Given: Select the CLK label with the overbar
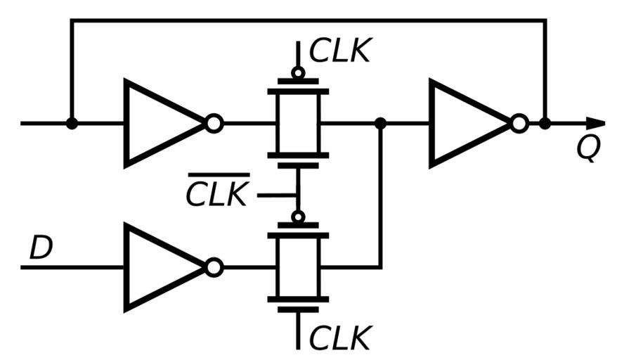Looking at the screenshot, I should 218,193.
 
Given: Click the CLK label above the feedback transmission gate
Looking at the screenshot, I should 340,51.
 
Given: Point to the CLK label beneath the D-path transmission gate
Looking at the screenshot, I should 340,338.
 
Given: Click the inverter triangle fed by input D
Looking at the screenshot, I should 163,267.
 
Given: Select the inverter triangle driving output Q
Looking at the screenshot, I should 469,124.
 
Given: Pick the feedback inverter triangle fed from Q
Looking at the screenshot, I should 163,124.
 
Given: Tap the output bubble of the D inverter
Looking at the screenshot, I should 214,267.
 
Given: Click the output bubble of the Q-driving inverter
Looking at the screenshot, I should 519,124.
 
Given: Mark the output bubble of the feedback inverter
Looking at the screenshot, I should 214,124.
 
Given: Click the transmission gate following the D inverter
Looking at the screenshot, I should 298,267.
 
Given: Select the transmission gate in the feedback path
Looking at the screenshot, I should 298,124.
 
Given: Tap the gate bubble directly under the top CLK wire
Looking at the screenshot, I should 298,72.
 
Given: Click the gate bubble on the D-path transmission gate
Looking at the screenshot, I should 298,217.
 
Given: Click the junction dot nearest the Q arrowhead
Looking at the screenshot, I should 545,124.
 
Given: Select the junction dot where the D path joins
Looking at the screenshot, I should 380,124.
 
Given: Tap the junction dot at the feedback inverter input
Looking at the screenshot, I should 71,124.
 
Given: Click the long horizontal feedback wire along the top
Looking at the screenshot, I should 309,20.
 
